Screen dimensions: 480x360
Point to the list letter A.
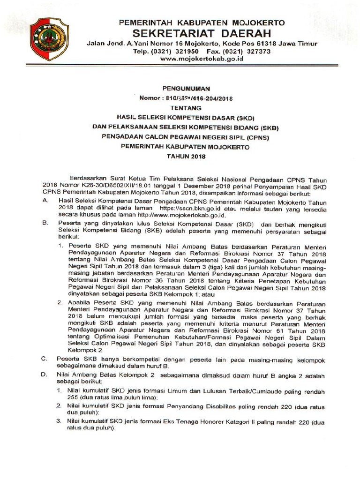point(44,200)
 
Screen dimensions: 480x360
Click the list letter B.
point(44,223)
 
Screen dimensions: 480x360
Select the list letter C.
point(44,359)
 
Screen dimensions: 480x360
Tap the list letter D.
point(44,376)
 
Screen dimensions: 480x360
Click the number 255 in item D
point(73,397)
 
